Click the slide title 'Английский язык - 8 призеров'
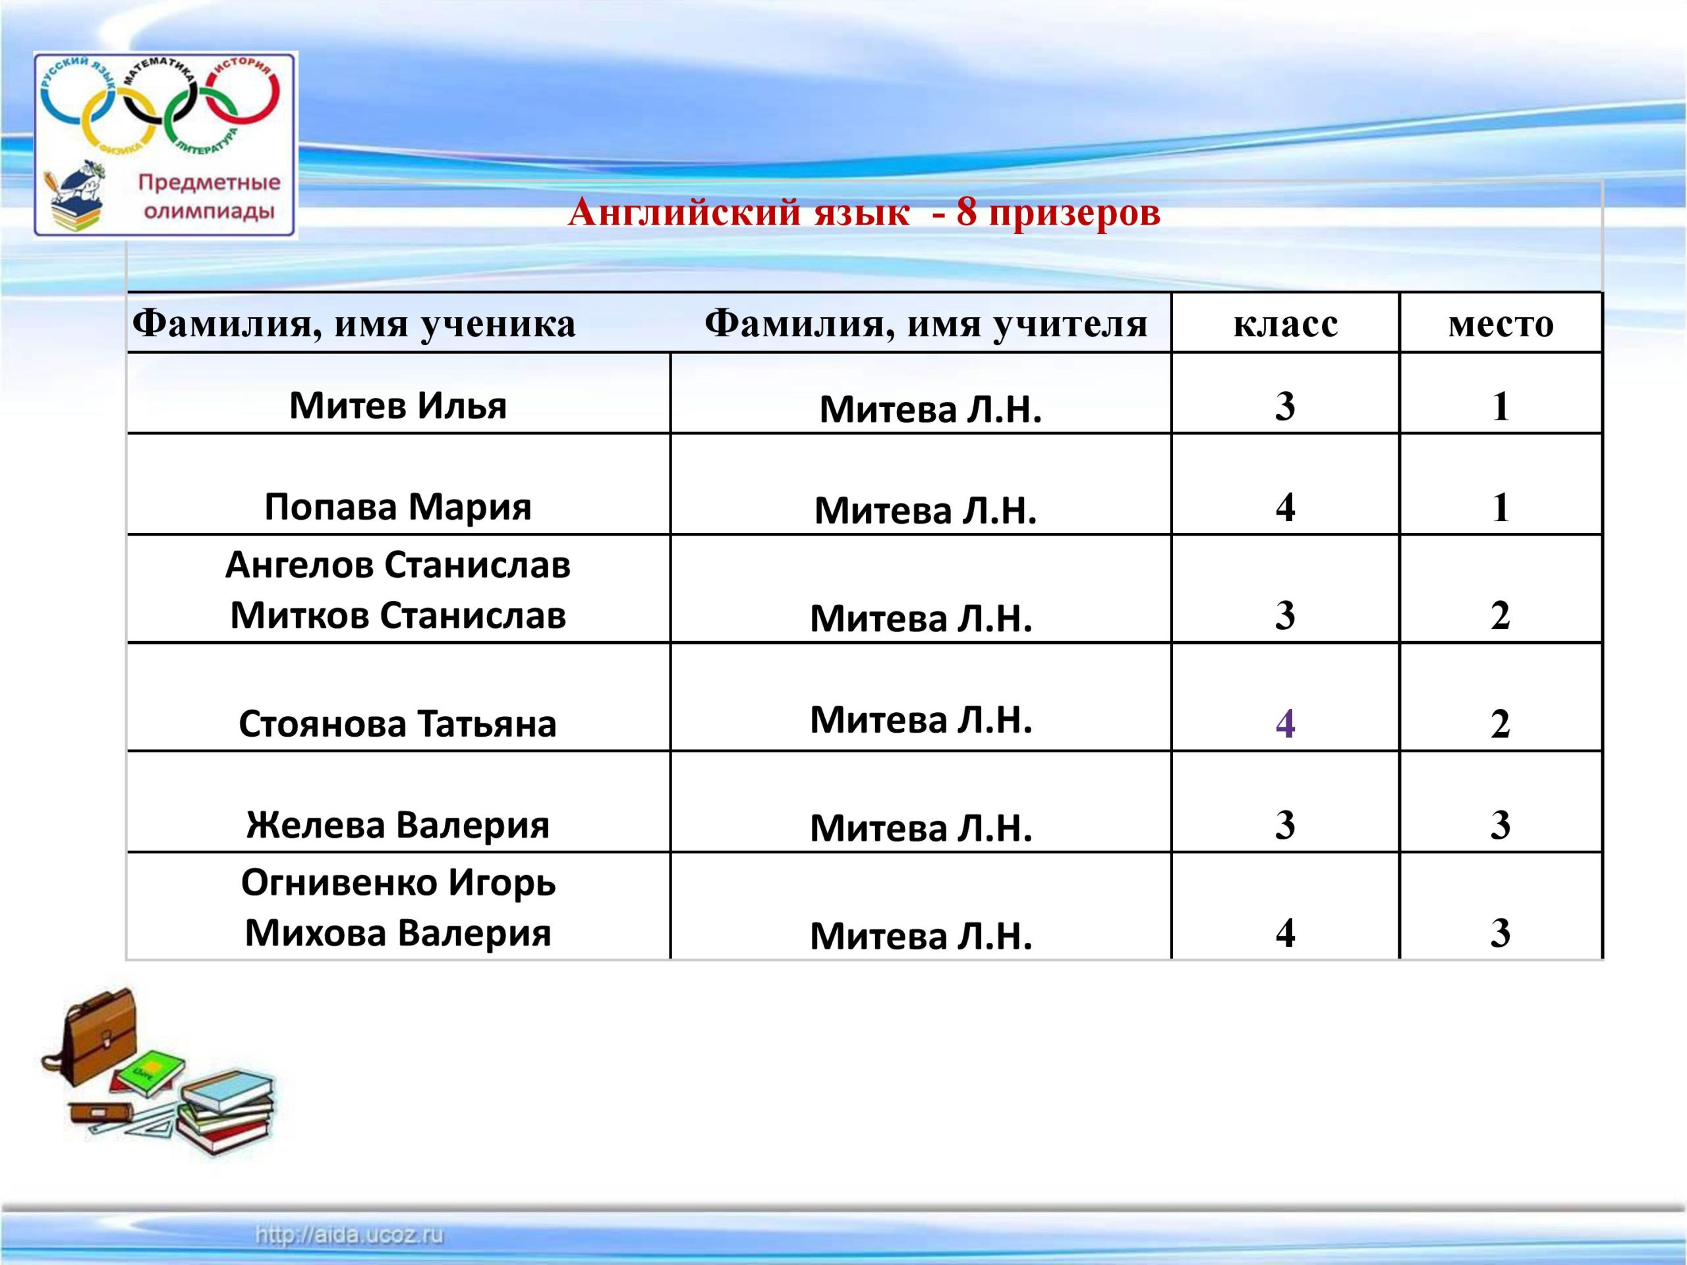[x=864, y=212]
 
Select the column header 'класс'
[x=1285, y=324]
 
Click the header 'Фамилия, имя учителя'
[x=926, y=325]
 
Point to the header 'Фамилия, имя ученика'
[x=354, y=325]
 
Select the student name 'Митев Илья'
[x=398, y=405]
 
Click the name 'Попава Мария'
[x=398, y=506]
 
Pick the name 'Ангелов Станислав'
[x=398, y=565]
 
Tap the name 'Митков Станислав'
[x=398, y=615]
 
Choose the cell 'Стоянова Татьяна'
[x=398, y=723]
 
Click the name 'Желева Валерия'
[x=398, y=825]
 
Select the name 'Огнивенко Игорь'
[x=398, y=883]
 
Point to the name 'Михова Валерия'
[x=398, y=934]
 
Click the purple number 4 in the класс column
[x=1285, y=723]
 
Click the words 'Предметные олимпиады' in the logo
[x=208, y=197]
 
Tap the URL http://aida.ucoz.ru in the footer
[x=349, y=1235]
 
